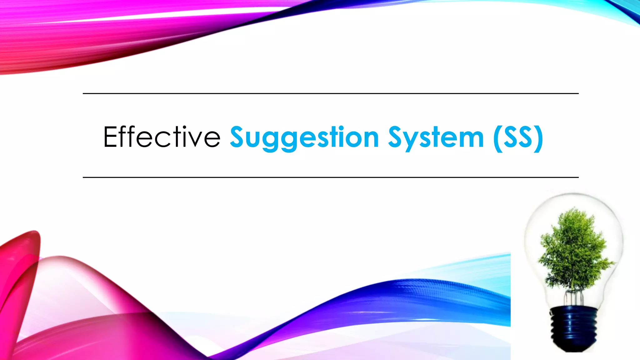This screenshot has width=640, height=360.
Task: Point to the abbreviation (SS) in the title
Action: point(518,138)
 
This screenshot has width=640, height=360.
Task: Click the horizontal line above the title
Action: point(331,93)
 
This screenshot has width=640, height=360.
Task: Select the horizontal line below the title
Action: point(331,177)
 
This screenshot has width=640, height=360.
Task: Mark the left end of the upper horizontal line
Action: point(84,93)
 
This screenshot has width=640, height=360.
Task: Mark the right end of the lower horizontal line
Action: point(578,177)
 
